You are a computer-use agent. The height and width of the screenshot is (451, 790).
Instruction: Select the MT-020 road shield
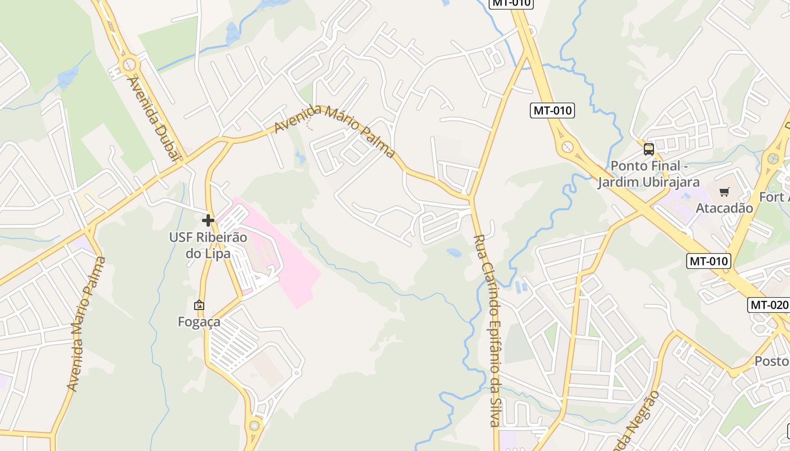[769, 305]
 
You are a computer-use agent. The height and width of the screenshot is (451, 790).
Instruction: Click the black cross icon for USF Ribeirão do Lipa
[208, 220]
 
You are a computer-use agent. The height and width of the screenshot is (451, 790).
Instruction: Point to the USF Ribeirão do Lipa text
[208, 245]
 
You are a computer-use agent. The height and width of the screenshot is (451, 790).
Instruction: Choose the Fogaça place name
[199, 322]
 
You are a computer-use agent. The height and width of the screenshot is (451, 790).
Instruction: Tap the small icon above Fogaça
[199, 305]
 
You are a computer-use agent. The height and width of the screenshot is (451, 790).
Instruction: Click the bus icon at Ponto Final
[649, 149]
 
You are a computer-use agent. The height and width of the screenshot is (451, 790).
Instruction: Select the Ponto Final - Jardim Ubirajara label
[649, 174]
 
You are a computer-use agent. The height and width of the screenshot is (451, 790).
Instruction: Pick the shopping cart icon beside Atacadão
[725, 192]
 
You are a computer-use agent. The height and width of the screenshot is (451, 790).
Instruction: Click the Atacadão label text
[724, 208]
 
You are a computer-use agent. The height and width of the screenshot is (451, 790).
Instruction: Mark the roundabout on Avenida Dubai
[129, 63]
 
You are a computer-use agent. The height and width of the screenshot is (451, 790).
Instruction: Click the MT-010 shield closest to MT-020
[709, 261]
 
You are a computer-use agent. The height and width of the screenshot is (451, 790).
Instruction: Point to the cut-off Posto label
[771, 361]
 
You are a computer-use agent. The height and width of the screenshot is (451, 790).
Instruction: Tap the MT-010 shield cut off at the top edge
[511, 3]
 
